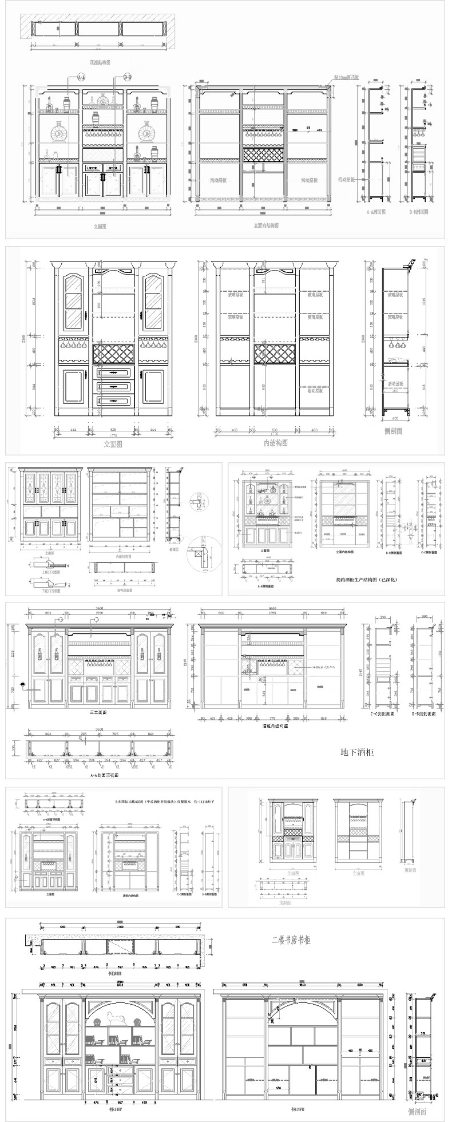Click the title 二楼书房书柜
pyautogui.click(x=291, y=940)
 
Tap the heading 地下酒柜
pyautogui.click(x=357, y=752)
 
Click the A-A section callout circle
pyautogui.click(x=81, y=77)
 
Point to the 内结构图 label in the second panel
pyautogui.click(x=275, y=443)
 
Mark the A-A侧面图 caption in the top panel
pyautogui.click(x=376, y=211)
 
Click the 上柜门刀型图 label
pyautogui.click(x=46, y=564)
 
